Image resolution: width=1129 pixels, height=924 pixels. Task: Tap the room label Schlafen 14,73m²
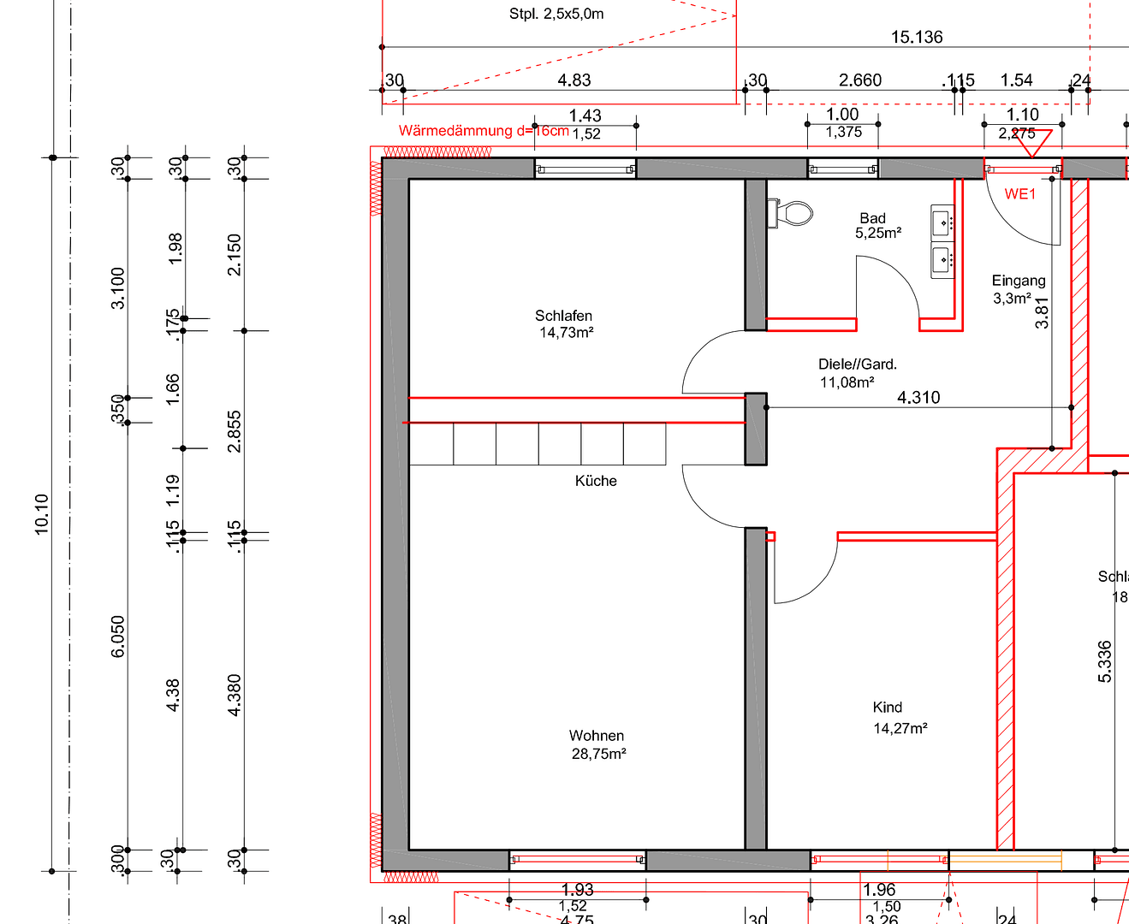pos(565,324)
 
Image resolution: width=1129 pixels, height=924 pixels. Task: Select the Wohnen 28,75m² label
pos(597,744)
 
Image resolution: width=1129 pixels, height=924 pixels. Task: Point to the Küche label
pos(596,481)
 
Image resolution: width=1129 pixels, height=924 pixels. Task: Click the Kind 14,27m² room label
pos(899,718)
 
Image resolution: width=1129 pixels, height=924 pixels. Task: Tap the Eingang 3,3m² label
pos(1018,289)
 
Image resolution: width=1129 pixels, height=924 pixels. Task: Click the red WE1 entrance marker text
pos(1019,194)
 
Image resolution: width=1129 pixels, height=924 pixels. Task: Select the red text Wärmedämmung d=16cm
pos(484,131)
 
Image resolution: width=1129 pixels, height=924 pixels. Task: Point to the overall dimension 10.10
pos(41,514)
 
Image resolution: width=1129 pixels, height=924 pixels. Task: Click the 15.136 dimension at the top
pos(917,37)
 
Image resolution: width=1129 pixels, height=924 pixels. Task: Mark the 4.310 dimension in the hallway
pos(918,397)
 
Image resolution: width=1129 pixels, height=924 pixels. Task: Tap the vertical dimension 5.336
pos(1105,661)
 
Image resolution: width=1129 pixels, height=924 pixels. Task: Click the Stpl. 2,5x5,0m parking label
pos(556,14)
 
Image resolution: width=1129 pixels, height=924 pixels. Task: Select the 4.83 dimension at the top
pos(574,80)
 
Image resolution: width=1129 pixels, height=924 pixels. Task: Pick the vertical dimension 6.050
pos(118,637)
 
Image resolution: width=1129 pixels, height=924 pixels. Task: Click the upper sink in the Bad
pos(942,222)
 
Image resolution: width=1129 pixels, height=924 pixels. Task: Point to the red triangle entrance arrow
pos(1032,143)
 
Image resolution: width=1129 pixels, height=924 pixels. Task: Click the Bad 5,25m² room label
pos(875,226)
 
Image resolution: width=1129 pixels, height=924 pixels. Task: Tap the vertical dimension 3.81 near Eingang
pos(1042,312)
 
